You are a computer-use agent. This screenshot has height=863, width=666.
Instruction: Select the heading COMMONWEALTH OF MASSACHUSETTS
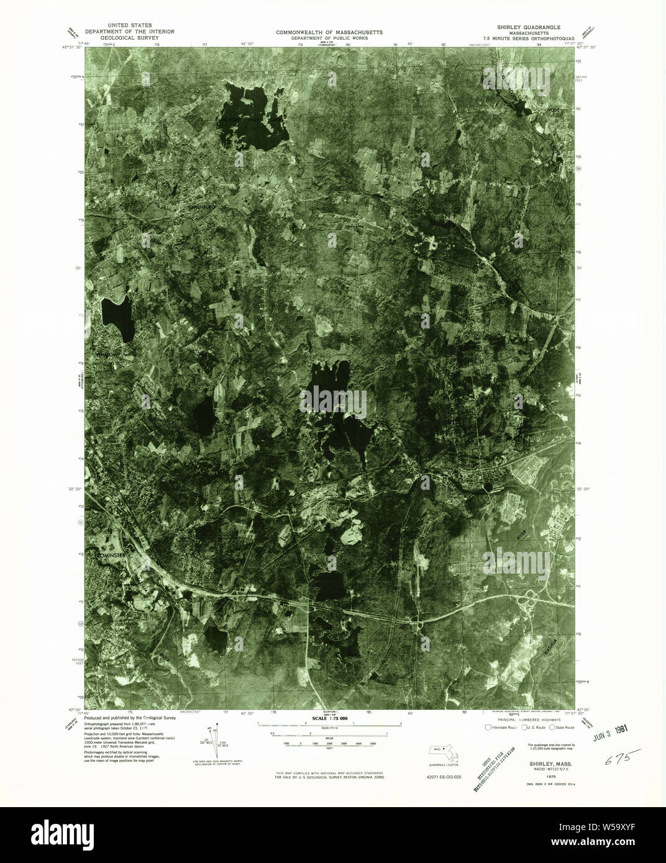coord(330,32)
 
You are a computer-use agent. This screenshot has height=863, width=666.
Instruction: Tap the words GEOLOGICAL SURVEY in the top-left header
coord(122,37)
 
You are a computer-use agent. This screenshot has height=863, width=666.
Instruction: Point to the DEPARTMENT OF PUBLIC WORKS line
coord(330,38)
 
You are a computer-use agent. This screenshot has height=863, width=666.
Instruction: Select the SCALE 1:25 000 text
coord(329,718)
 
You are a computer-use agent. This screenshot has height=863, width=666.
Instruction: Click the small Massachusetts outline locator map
coord(442,752)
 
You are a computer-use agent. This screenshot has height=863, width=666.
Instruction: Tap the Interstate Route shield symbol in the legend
coord(487,727)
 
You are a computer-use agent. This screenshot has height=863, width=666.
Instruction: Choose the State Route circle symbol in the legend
coord(551,727)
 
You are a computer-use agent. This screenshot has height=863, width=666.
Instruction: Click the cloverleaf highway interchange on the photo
coord(532,599)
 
